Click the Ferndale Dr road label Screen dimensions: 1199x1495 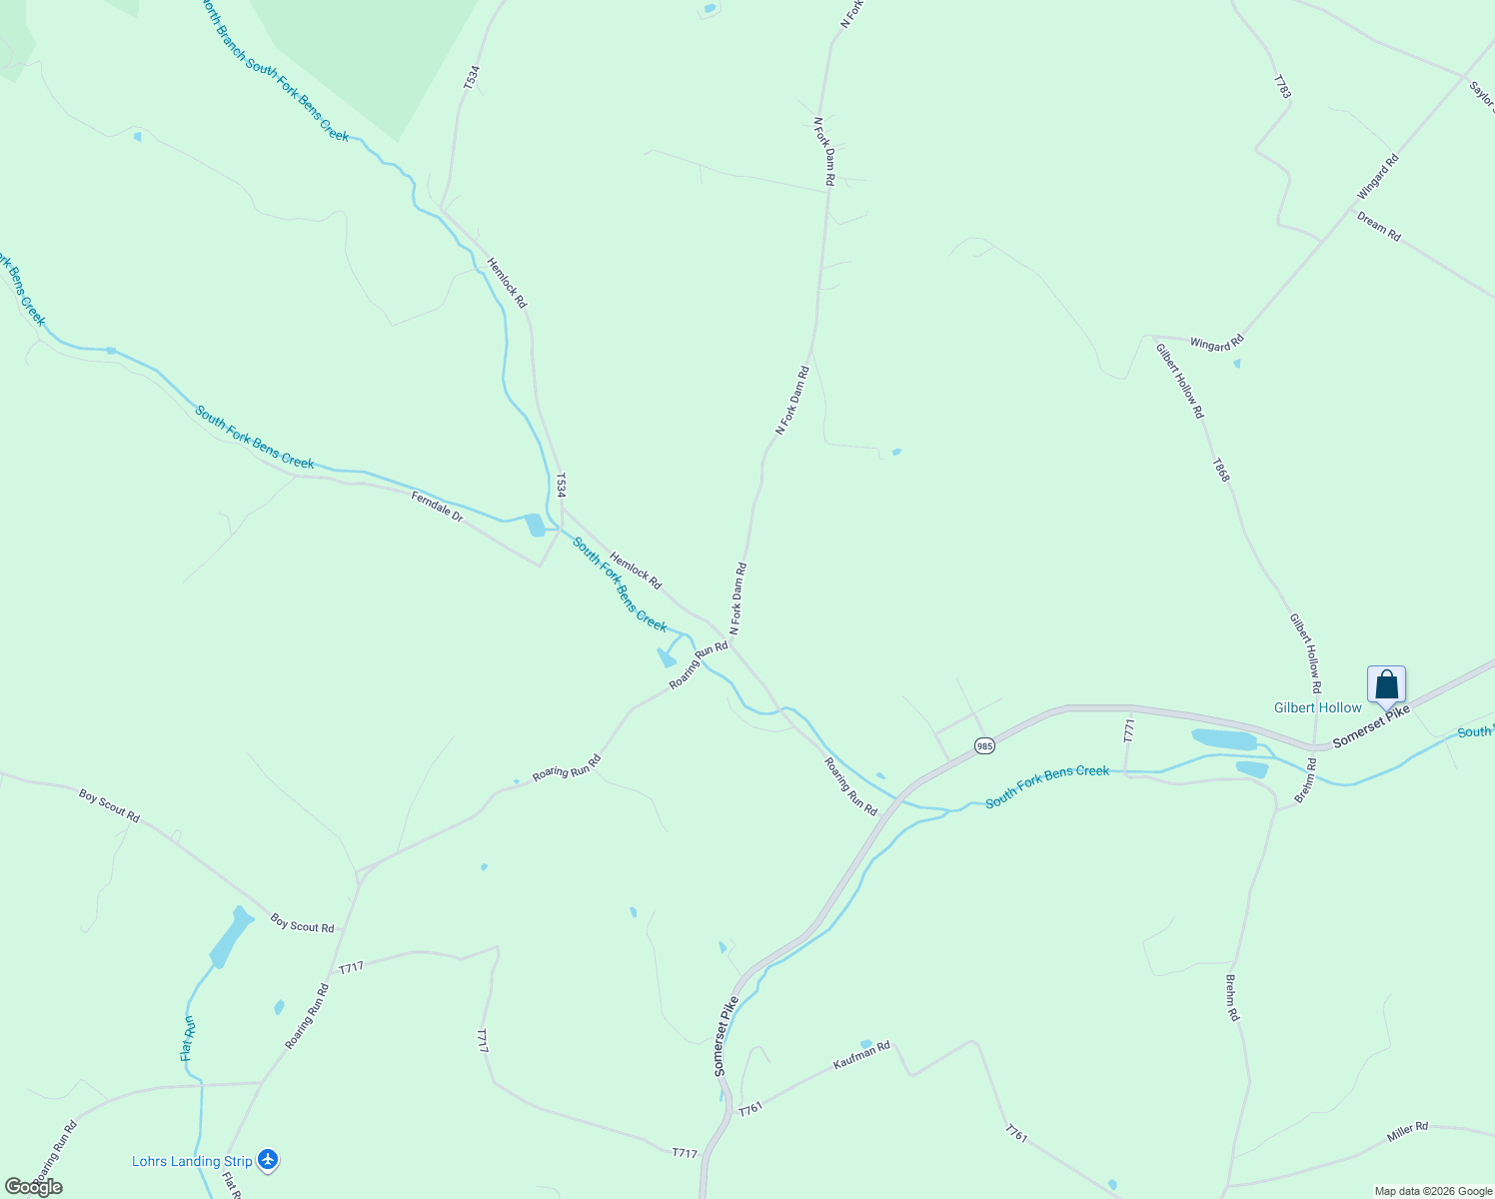pos(437,507)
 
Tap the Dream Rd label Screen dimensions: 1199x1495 pos(1379,227)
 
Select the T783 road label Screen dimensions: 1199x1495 pos(1282,86)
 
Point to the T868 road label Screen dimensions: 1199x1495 pos(1220,470)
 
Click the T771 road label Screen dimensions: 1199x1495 pos(1129,730)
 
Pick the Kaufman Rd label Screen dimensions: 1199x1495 pos(861,1056)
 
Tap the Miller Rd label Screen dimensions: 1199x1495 pos(1407,1132)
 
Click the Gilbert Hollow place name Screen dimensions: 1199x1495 pos(1317,707)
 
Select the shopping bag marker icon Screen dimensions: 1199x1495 pos(1386,685)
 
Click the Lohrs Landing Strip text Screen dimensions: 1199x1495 pos(192,1161)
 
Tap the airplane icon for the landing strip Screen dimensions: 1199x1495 pos(267,1160)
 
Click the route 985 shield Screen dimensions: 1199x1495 pos(984,745)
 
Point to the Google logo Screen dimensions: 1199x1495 pos(33,1186)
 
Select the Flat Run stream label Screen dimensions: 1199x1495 pos(187,1039)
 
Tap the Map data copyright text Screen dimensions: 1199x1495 pos(1433,1191)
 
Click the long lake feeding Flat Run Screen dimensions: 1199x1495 pos(230,936)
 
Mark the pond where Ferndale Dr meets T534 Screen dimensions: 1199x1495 pos(535,525)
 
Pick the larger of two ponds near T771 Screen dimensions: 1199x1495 pos(1224,739)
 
